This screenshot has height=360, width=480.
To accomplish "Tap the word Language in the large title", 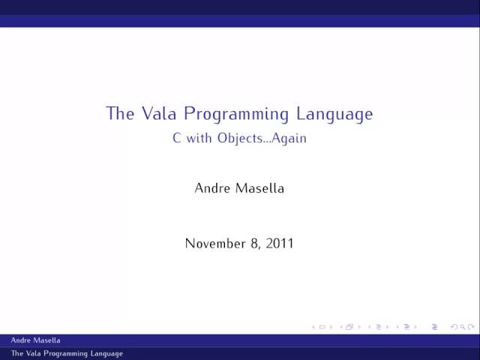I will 333,115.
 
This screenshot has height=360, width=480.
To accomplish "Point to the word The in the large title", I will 120,114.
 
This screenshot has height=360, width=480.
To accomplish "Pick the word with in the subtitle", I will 199,139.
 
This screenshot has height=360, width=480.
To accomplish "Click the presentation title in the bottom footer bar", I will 67,353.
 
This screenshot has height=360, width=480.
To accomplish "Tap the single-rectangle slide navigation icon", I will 322,327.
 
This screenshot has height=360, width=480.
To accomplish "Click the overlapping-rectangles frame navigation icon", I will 349,327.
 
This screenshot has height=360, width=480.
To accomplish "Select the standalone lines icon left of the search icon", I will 436,327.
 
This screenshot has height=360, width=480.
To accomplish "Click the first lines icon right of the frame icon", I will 377,327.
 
